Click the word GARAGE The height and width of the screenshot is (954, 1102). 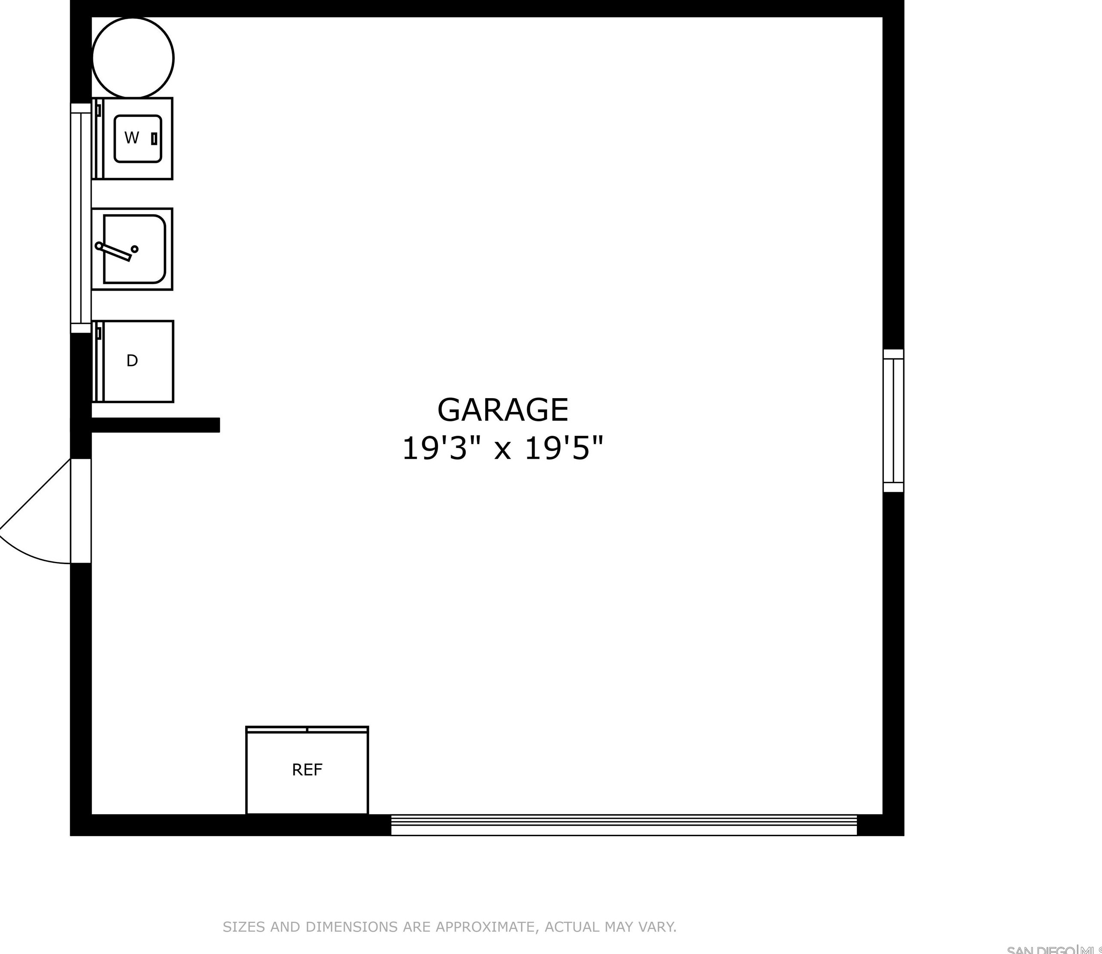click(x=503, y=410)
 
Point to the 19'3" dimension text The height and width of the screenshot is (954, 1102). click(x=434, y=448)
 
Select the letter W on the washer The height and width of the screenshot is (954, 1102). click(x=132, y=138)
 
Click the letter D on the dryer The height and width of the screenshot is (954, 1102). click(x=132, y=361)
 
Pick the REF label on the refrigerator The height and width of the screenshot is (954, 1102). click(x=307, y=770)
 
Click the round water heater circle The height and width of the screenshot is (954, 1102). click(x=133, y=58)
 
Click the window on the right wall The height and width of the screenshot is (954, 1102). click(x=893, y=420)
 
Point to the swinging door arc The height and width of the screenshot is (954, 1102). click(x=27, y=548)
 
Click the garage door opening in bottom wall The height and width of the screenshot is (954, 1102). click(x=624, y=825)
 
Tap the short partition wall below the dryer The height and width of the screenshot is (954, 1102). click(x=154, y=425)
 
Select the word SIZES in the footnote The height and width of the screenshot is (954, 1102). click(x=244, y=927)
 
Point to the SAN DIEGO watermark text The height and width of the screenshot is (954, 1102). click(x=1039, y=950)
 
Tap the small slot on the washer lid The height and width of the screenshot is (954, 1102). click(x=154, y=139)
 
